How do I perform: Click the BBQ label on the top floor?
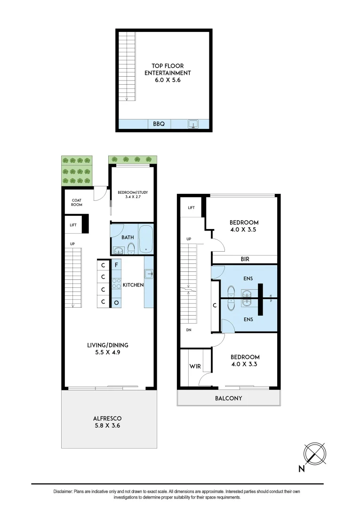pos(159,124)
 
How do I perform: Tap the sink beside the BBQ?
pos(193,124)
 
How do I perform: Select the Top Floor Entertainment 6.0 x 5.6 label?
pos(164,73)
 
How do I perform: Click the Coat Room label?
pos(76,202)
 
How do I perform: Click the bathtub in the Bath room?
pos(146,239)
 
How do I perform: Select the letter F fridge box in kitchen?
pos(116,264)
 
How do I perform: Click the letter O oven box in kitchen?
pos(116,302)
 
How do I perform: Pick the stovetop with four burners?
pos(116,284)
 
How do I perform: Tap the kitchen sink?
pos(149,274)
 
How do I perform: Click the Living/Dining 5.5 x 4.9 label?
pos(108,348)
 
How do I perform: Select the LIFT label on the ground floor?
pos(73,225)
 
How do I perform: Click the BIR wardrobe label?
pos(244,259)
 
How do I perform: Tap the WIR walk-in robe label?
pos(195,365)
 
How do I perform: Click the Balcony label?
pos(228,398)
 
